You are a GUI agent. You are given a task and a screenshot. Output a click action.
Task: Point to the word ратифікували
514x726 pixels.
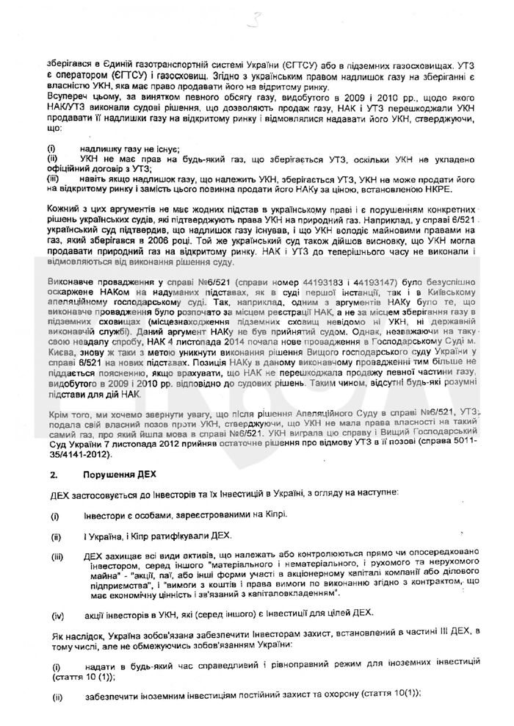pos(169,536)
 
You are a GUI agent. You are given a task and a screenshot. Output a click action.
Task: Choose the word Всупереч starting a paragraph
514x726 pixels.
pos(68,97)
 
